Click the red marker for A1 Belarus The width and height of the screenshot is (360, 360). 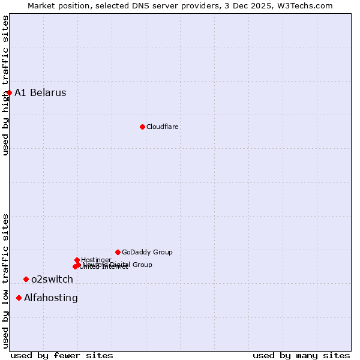pyautogui.click(x=10, y=92)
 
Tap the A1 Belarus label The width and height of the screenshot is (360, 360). pyautogui.click(x=40, y=92)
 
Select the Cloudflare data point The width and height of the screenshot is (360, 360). pyautogui.click(x=142, y=127)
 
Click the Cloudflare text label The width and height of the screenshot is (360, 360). pyautogui.click(x=163, y=127)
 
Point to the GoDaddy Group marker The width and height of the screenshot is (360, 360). pyautogui.click(x=118, y=252)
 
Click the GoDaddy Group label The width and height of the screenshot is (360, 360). pyautogui.click(x=147, y=252)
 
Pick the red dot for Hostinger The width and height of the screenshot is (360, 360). pyautogui.click(x=77, y=260)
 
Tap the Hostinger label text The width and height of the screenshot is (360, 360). pyautogui.click(x=96, y=260)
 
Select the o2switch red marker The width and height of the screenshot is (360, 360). pyautogui.click(x=26, y=279)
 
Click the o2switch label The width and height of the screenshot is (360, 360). pyautogui.click(x=52, y=279)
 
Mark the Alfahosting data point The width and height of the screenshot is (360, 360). pyautogui.click(x=19, y=298)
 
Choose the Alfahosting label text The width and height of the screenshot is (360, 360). pyautogui.click(x=51, y=298)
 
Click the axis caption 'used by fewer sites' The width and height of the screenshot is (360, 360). pyautogui.click(x=62, y=355)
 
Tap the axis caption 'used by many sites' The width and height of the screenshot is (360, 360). pyautogui.click(x=301, y=355)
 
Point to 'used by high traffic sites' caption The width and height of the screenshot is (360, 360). pyautogui.click(x=5, y=85)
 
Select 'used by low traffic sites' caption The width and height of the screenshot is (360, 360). pyautogui.click(x=5, y=281)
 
